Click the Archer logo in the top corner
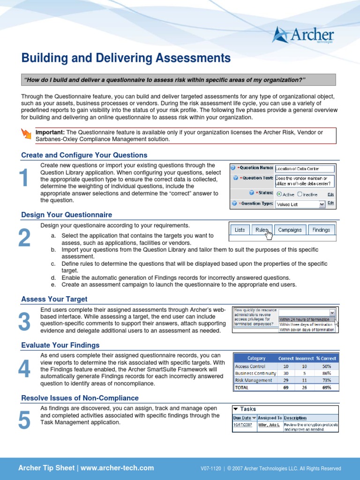[x=303, y=35]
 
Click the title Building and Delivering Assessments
[x=126, y=58]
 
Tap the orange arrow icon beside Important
[x=27, y=135]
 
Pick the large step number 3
[x=24, y=322]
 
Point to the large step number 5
[x=24, y=420]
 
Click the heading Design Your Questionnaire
[x=67, y=215]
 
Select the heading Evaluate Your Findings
[x=60, y=345]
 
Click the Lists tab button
[x=240, y=230]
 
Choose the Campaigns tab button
[x=290, y=230]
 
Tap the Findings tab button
[x=321, y=230]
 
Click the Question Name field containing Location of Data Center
[x=304, y=168]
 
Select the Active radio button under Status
[x=279, y=194]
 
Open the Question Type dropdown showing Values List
[x=300, y=204]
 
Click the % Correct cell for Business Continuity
[x=327, y=374]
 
